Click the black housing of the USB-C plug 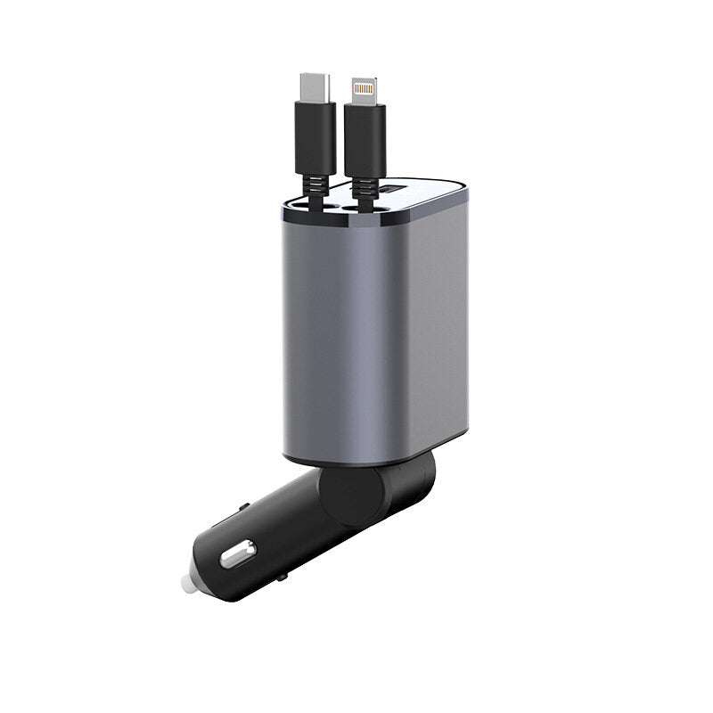point(313,138)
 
